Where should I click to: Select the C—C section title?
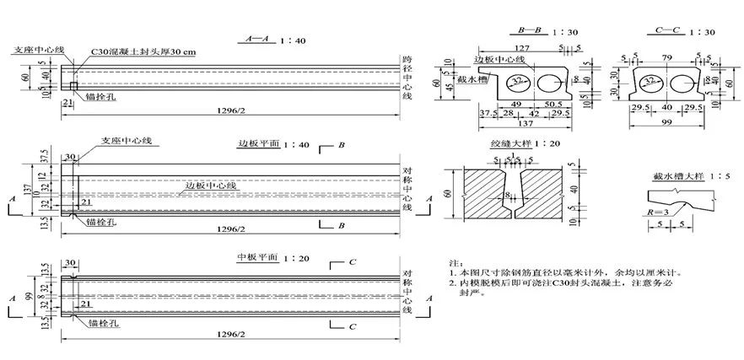click(x=668, y=31)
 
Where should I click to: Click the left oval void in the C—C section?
click(x=647, y=83)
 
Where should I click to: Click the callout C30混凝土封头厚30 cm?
click(x=144, y=51)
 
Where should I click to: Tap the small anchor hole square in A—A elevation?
click(x=74, y=86)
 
